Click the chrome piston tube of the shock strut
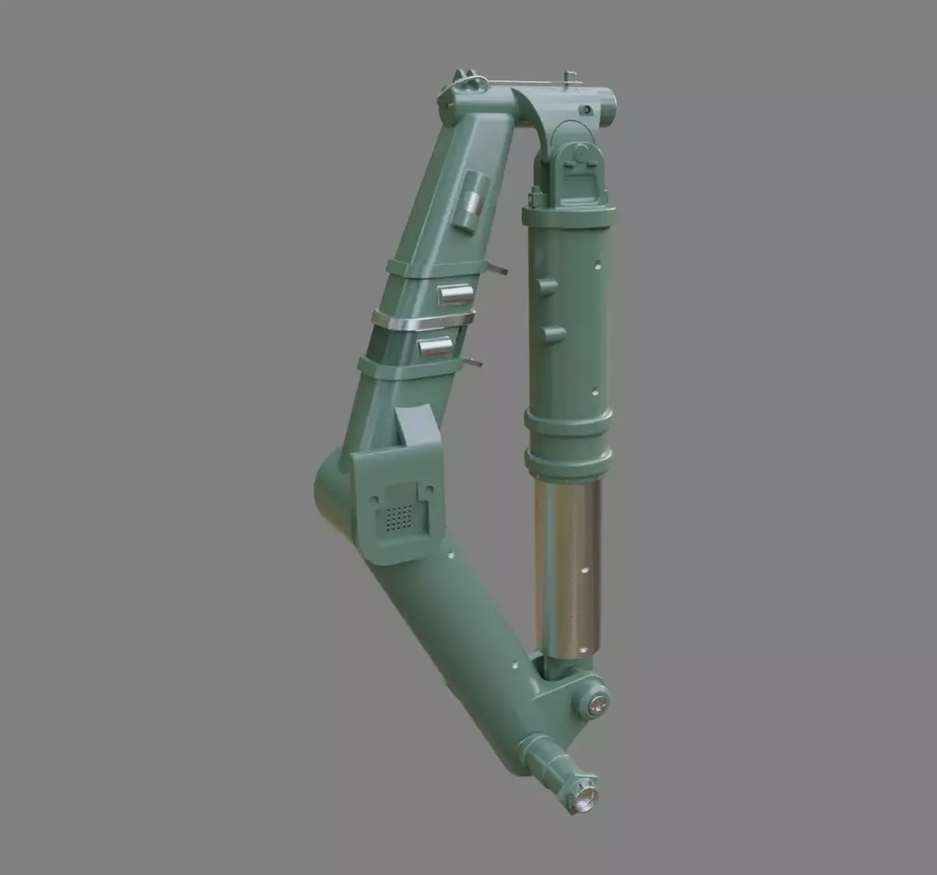coord(568,567)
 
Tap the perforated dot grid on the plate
coord(400,516)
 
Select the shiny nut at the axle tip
coord(584,798)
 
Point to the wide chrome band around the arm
coord(423,322)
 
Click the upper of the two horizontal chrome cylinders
coord(455,293)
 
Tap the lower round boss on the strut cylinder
coord(553,334)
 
